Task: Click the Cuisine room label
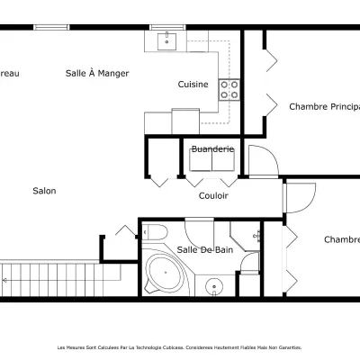tap(193, 85)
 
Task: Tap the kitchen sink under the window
tap(166, 40)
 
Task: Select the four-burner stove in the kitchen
tap(230, 88)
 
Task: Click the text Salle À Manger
tap(97, 73)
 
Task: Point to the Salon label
tap(44, 191)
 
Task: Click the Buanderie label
tap(213, 148)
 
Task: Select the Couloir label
tap(213, 195)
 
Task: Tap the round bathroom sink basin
tap(213, 288)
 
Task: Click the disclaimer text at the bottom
tap(179, 346)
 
